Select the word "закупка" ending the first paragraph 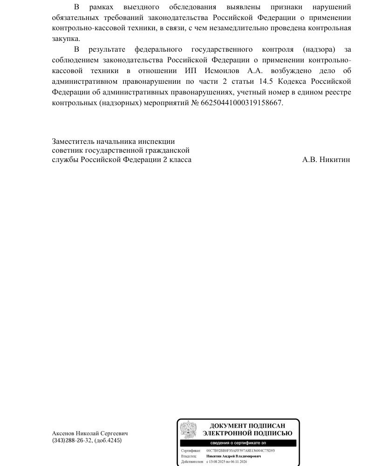[x=66, y=39]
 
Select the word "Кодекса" [x=293, y=82]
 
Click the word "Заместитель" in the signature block [x=73, y=141]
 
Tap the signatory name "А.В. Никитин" [x=326, y=160]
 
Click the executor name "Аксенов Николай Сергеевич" [x=90, y=433]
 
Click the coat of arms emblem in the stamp [x=188, y=429]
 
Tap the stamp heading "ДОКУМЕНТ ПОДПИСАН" [x=247, y=425]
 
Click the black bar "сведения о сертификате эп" [x=239, y=443]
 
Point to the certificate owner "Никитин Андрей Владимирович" [x=233, y=456]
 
